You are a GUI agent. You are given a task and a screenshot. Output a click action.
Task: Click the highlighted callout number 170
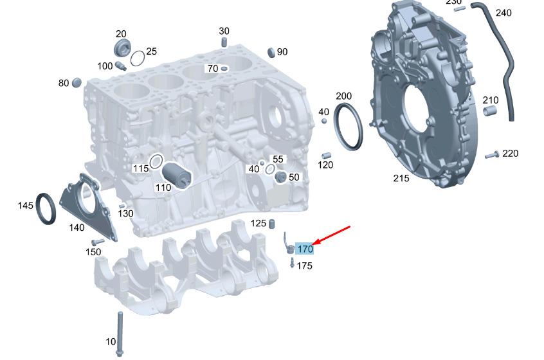coord(305,249)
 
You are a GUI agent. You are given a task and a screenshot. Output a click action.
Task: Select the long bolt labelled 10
coord(120,334)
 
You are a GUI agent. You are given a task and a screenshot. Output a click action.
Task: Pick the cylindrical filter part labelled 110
coord(177,175)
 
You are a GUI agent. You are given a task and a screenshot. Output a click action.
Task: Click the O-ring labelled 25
coord(138,59)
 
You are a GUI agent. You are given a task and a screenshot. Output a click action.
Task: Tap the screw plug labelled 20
coord(122,48)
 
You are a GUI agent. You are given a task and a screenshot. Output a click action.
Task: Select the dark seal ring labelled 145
coord(46,209)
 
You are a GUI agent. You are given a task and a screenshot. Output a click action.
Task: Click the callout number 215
coord(401,178)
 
